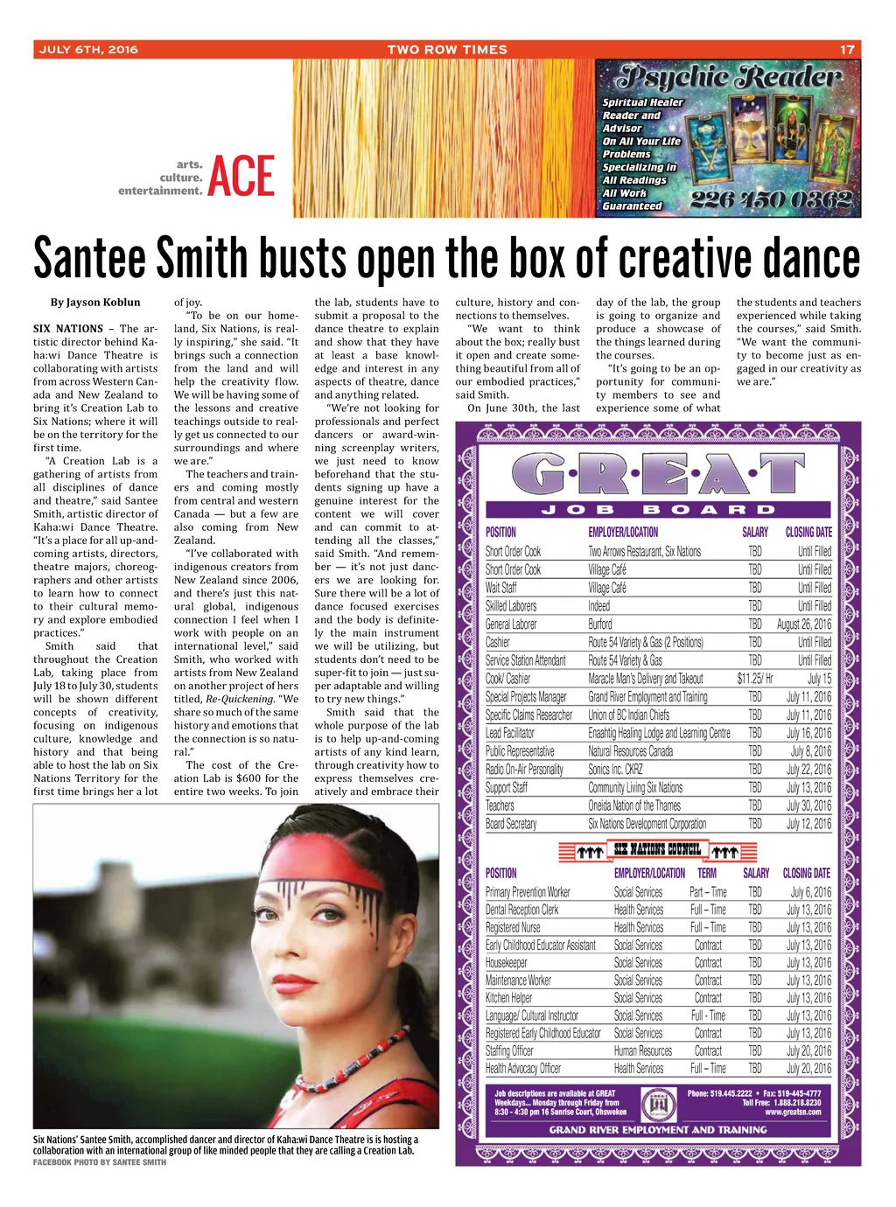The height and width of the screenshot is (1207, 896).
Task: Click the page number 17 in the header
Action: (x=846, y=50)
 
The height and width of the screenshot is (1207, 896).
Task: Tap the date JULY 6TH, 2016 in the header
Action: (x=88, y=50)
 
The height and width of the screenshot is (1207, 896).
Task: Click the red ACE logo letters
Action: (x=241, y=176)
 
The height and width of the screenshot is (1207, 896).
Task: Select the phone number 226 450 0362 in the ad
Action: (x=771, y=200)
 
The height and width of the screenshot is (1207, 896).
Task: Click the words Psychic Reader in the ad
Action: (x=729, y=78)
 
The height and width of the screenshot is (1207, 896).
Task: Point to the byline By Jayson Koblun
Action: (x=95, y=303)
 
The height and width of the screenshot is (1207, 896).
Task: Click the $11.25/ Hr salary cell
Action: (x=754, y=679)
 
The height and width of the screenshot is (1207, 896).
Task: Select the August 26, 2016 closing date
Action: (x=803, y=624)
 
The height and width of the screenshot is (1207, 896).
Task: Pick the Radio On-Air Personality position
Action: (x=524, y=770)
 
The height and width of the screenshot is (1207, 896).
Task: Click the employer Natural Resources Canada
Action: (x=630, y=751)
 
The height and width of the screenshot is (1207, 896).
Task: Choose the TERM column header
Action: (x=707, y=873)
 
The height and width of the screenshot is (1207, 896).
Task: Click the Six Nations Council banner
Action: (x=657, y=849)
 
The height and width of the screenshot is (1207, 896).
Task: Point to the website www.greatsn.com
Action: (x=793, y=1113)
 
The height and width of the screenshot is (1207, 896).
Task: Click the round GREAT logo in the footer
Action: (x=658, y=1105)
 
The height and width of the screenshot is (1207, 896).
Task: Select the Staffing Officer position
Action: (x=509, y=1051)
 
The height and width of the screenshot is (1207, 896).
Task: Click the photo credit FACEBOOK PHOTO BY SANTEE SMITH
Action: (x=100, y=1162)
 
